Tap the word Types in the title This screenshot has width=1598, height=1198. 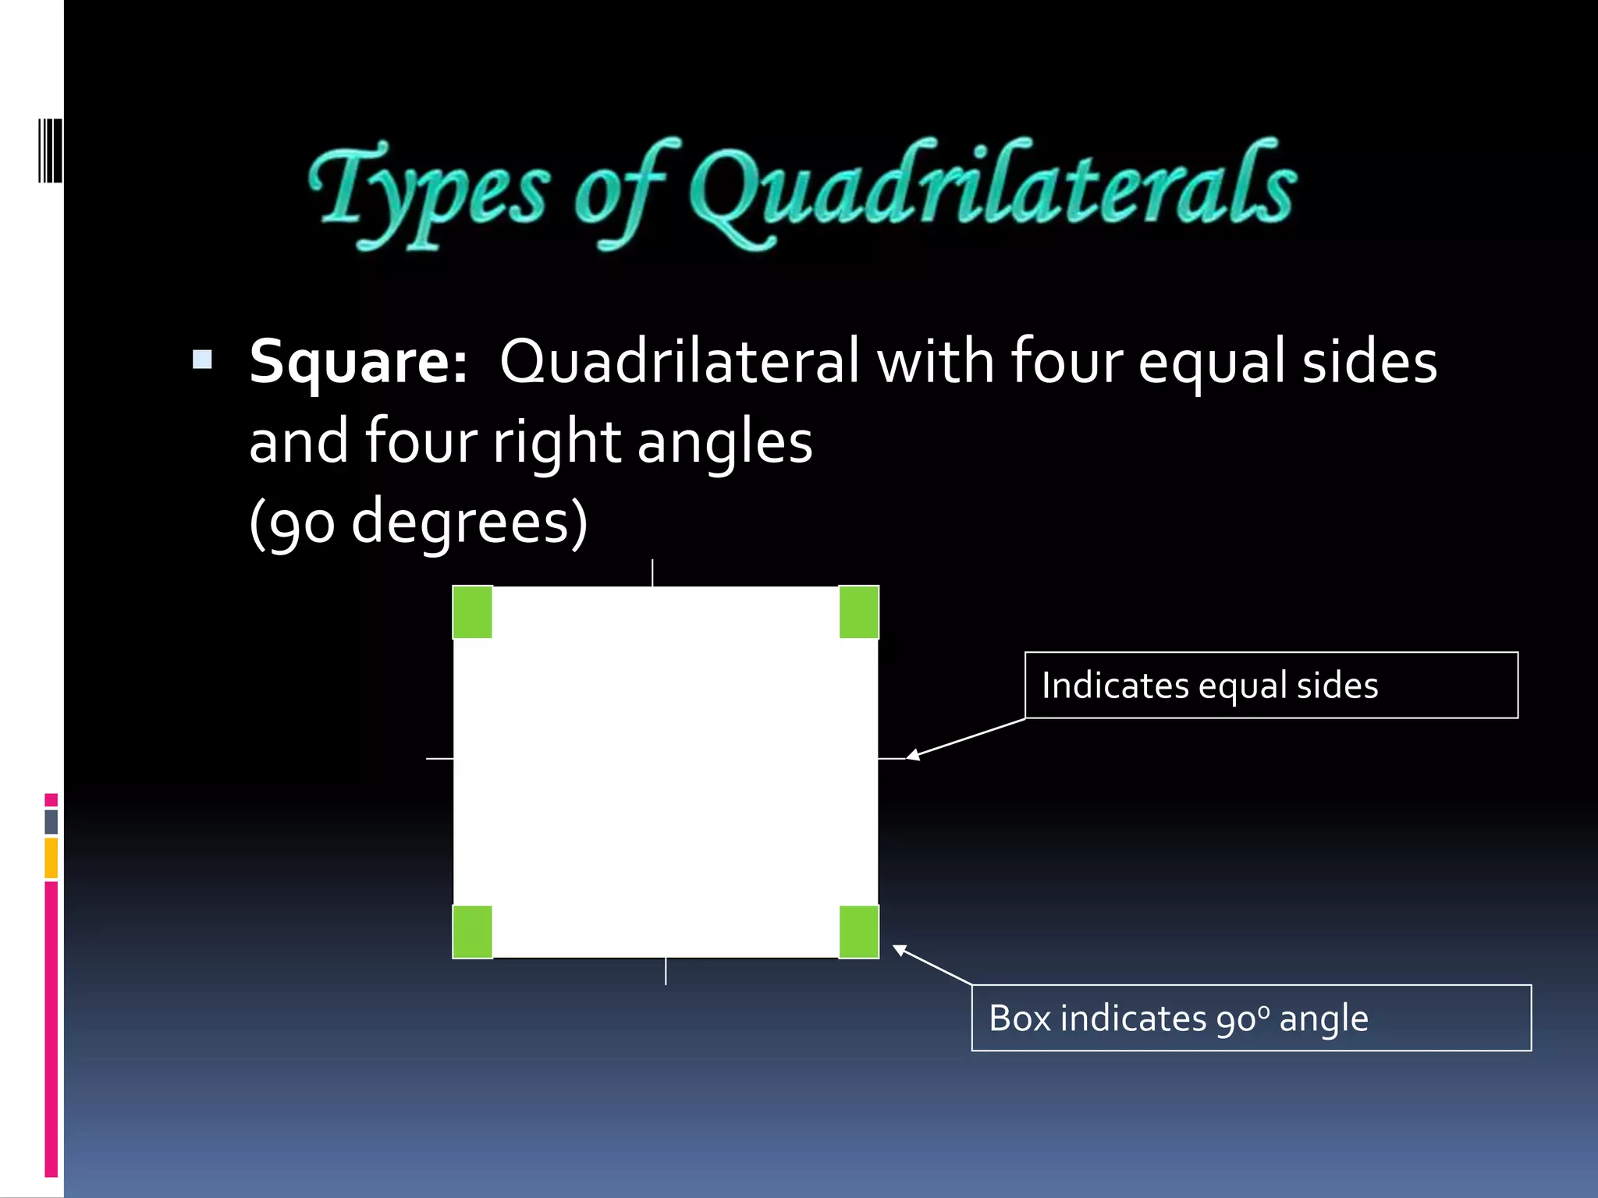pos(429,191)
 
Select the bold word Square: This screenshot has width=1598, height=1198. pos(358,362)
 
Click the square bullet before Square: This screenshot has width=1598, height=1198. pos(202,360)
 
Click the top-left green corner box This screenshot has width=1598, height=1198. pos(473,612)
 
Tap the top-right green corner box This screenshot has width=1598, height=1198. pos(859,612)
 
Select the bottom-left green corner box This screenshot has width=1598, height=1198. pos(473,931)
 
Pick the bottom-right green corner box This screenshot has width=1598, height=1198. pos(859,931)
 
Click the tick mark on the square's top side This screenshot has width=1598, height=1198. pos(652,572)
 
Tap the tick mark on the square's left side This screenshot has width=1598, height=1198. pos(439,758)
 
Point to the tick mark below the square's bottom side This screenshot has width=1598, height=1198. pos(666,971)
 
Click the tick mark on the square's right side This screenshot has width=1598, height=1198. pos(891,758)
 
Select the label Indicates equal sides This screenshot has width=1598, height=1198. pos(1209,686)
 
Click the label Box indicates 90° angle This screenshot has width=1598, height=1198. pos(1178,1019)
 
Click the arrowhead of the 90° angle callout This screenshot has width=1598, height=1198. pos(899,949)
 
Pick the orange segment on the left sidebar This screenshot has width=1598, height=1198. pos(51,858)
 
